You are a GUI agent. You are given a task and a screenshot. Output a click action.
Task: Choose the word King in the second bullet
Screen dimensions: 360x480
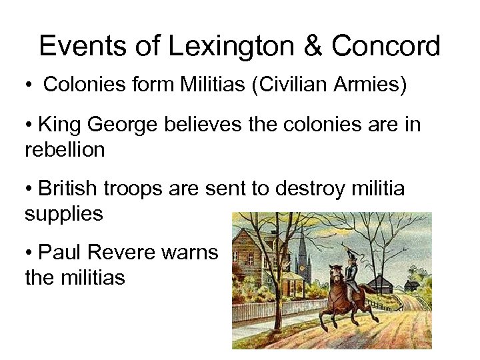tap(61, 125)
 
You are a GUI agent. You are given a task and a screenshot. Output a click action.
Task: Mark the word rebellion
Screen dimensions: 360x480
tap(65, 150)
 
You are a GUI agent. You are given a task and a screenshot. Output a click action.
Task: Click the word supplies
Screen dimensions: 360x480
tap(63, 214)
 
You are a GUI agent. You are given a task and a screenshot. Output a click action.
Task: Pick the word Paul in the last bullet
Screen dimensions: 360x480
tap(58, 252)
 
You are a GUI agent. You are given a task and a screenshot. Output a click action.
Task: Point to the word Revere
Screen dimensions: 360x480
tap(120, 252)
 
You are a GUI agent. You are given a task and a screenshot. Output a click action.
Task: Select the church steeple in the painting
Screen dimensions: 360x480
tap(303, 247)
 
